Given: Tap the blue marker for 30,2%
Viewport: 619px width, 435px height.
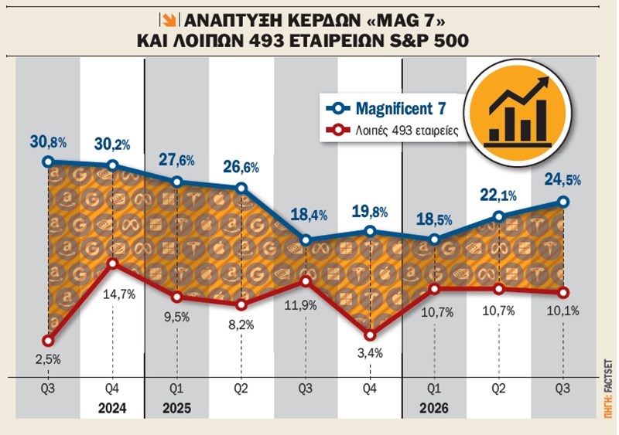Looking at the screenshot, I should click(x=112, y=165).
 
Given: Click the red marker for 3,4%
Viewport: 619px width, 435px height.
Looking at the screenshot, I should click(x=370, y=335).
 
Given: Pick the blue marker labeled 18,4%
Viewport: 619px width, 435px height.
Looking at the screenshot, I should click(x=306, y=240).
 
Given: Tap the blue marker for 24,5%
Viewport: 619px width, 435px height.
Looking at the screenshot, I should click(x=563, y=202).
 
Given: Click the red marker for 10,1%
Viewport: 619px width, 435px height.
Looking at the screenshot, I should click(x=563, y=292).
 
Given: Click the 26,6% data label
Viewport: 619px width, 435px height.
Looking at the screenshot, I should click(x=241, y=166).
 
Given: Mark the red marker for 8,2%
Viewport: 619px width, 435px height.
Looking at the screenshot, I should click(x=241, y=304).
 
